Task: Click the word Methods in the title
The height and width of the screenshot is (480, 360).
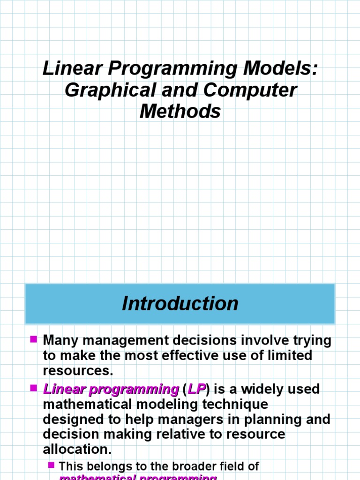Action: click(x=180, y=112)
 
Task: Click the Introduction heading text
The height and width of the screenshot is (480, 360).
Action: click(x=180, y=304)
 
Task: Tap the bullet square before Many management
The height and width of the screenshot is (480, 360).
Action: click(x=33, y=338)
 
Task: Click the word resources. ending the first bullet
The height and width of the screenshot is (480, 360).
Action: click(x=78, y=370)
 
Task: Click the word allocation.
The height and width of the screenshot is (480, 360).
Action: click(x=77, y=449)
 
